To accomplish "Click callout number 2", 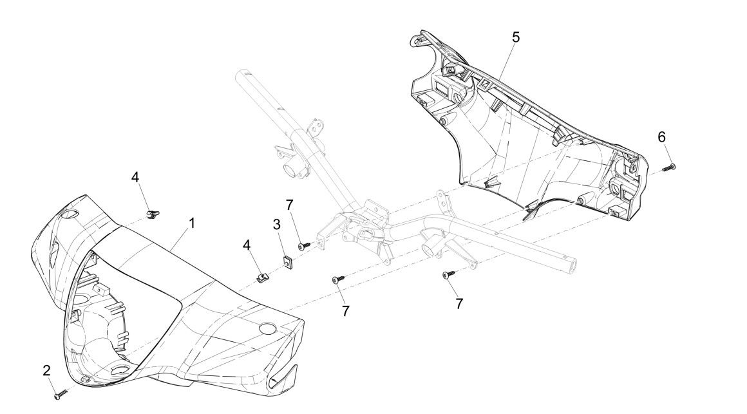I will click(x=46, y=370).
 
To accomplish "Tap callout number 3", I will click(x=276, y=225).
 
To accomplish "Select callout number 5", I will click(x=516, y=37).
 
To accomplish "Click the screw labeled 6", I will click(x=670, y=167).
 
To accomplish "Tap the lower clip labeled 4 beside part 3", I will click(x=261, y=277).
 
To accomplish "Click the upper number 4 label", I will click(x=135, y=176).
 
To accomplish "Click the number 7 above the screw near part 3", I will click(x=290, y=204).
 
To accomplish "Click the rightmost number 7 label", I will click(x=459, y=303).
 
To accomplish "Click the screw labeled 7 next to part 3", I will click(x=305, y=245).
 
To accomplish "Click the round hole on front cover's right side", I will click(x=266, y=329).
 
